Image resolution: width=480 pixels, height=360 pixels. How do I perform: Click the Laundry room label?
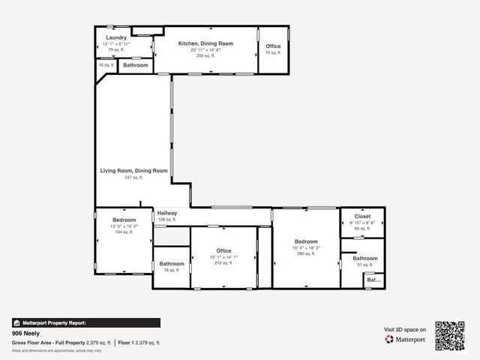point(116,37)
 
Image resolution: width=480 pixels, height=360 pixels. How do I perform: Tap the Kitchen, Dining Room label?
point(205,43)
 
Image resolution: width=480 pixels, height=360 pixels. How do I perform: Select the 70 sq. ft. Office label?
point(273,46)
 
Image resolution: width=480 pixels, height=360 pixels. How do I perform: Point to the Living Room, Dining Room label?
point(133,171)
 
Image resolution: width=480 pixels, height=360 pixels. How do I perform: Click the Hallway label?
point(167,213)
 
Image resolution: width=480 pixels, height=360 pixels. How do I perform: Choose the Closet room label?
point(363,216)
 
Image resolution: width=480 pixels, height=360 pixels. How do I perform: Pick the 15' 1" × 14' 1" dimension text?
point(223,257)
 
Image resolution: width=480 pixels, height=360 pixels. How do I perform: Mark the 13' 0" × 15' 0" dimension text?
point(124,226)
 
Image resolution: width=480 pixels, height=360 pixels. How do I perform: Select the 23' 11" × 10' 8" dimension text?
point(205,50)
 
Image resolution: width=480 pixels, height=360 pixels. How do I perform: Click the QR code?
point(451,336)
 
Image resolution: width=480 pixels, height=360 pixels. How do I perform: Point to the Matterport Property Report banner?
point(85,322)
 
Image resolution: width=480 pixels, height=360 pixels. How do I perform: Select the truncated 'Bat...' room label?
point(373,280)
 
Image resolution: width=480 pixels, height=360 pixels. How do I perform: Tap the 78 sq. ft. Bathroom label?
point(172,264)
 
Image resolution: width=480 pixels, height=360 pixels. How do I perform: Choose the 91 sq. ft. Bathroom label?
point(365,259)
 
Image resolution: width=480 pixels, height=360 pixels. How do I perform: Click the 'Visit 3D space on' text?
point(405,329)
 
